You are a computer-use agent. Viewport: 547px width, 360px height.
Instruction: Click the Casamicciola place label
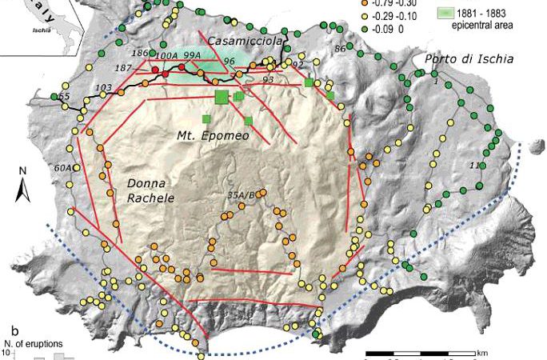pyautogui.click(x=240, y=40)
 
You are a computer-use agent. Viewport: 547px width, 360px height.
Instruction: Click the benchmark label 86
pyautogui.click(x=341, y=50)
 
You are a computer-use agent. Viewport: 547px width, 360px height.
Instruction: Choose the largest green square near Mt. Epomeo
pyautogui.click(x=222, y=97)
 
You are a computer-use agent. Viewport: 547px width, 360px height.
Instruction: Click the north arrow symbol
pyautogui.click(x=23, y=186)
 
